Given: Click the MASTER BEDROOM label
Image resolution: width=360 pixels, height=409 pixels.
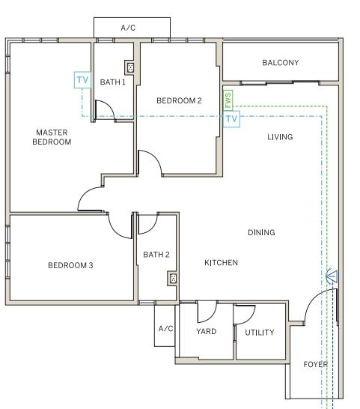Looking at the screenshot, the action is click(52, 137).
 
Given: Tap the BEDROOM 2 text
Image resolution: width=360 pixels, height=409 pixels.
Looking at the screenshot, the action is click(179, 100).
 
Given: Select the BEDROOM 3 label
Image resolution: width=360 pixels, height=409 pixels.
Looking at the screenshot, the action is click(70, 265).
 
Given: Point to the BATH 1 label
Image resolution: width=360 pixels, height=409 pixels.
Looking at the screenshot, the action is click(112, 82).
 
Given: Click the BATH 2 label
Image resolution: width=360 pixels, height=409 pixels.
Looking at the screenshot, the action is click(156, 255).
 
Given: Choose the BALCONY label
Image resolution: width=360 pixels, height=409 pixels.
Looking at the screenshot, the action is click(281, 63).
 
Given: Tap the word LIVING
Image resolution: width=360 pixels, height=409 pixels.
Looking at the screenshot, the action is click(280, 137).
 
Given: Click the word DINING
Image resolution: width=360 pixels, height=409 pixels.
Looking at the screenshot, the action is click(261, 232).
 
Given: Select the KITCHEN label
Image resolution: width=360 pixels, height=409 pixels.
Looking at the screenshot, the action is click(221, 262).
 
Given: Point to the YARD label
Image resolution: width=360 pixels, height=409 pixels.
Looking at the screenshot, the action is click(207, 331).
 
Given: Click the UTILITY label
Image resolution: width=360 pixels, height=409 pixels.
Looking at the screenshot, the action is click(260, 333).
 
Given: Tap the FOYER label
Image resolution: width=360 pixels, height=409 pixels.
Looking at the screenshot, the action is click(316, 364).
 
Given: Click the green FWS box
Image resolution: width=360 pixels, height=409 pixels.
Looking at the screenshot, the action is click(228, 100).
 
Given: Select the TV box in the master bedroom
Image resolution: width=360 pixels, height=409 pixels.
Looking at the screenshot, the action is click(82, 80).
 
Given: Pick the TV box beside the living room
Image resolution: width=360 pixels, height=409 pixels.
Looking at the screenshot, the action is click(231, 119).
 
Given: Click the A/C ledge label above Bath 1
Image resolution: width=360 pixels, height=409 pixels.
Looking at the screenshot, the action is click(128, 28).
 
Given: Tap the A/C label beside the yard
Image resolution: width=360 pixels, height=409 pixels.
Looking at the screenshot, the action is click(166, 328).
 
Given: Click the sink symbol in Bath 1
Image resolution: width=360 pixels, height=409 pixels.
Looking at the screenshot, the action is click(130, 67).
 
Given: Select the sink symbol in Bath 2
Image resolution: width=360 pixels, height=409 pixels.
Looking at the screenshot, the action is click(173, 279).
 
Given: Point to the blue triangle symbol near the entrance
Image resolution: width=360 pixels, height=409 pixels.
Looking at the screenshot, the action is click(332, 276).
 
